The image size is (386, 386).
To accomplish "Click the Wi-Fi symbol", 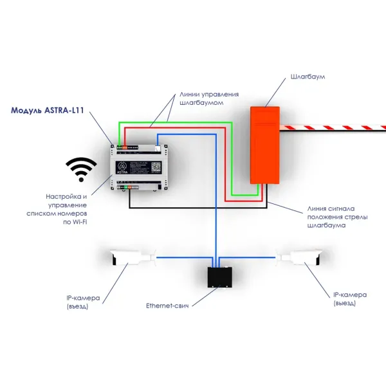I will [x=81, y=170].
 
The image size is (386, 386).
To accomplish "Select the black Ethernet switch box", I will [x=219, y=275].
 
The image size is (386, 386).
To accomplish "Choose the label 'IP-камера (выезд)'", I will [x=350, y=299].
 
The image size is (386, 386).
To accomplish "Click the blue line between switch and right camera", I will [x=251, y=258].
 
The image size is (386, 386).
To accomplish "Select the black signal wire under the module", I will [x=193, y=207].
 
